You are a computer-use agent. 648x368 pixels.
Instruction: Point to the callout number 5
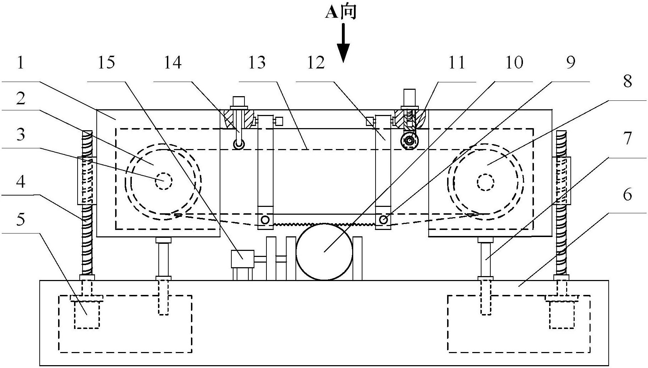tap(21, 220)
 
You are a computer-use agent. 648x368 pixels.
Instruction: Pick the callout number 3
tap(21, 135)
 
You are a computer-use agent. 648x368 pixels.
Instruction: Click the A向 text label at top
tap(341, 12)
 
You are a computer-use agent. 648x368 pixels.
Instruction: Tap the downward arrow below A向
tap(343, 43)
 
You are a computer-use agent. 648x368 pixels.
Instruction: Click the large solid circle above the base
tap(325, 252)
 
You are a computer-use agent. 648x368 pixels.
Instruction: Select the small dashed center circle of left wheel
tap(163, 181)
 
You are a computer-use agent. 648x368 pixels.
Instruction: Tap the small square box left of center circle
tap(242, 259)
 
